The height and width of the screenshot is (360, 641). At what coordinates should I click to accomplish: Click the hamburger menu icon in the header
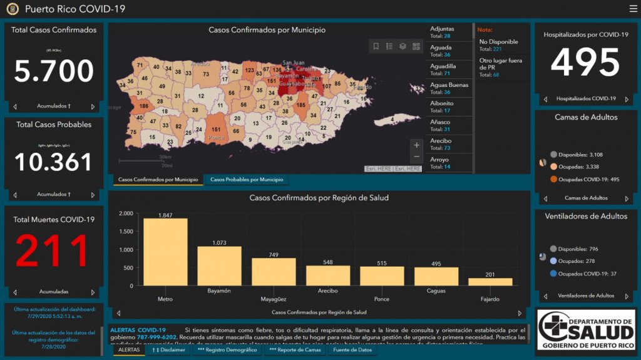point(633,9)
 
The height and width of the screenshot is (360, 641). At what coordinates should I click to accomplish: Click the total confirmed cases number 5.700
point(54,71)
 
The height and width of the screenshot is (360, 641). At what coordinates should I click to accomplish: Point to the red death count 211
point(54,251)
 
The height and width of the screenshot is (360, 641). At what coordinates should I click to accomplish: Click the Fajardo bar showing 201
point(490,282)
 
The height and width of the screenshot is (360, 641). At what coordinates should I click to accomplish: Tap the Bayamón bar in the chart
point(219,266)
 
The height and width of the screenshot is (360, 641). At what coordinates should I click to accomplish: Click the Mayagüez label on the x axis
point(274,299)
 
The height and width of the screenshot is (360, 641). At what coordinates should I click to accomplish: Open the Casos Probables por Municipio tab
point(246,180)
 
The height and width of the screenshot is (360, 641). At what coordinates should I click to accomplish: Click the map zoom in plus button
point(417,145)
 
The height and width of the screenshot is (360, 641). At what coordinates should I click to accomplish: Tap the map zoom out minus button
point(417,157)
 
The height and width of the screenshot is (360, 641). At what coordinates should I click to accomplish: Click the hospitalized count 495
point(585,62)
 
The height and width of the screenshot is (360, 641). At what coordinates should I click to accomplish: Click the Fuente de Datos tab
point(352,350)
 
